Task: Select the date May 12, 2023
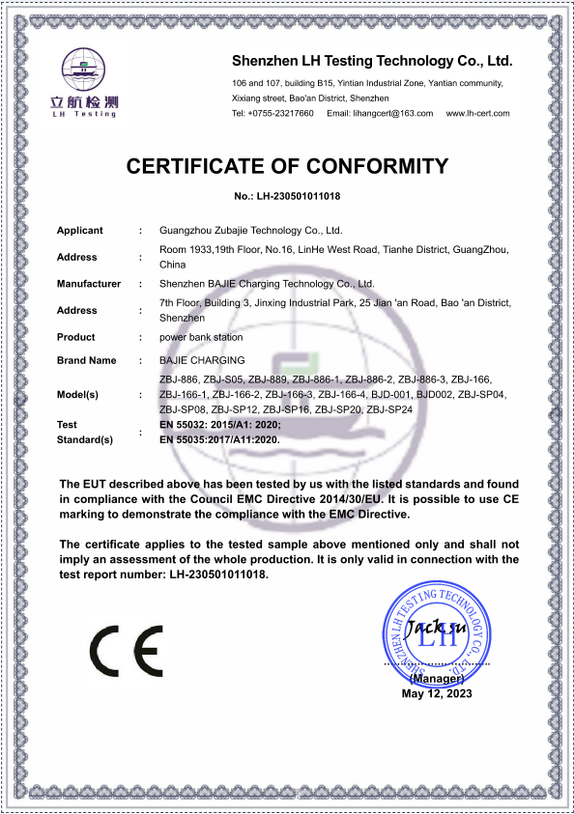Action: (438, 693)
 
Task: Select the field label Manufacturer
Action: (89, 284)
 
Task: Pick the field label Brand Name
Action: (87, 360)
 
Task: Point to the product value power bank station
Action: (201, 337)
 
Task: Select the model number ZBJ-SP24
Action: (392, 409)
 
